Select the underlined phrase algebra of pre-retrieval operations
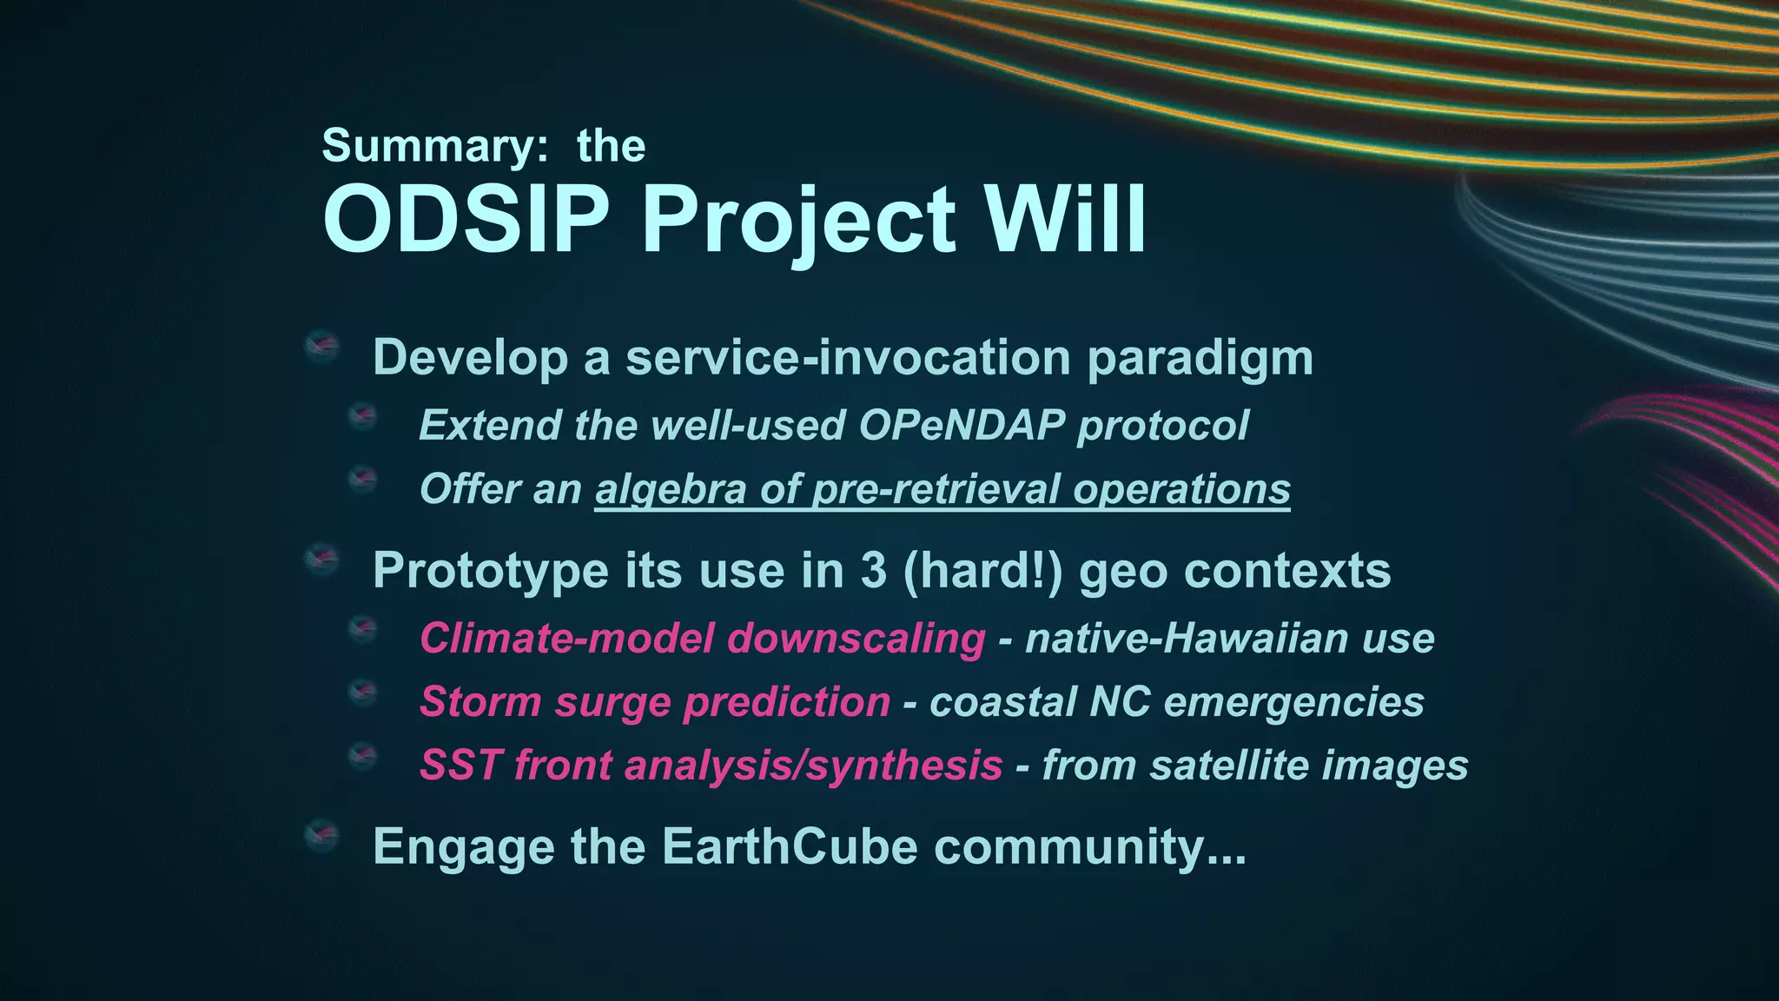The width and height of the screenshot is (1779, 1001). [942, 489]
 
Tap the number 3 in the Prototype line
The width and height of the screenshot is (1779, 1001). [874, 571]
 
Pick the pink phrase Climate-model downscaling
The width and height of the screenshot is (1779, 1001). [702, 639]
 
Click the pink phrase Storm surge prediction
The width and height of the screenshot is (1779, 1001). [654, 702]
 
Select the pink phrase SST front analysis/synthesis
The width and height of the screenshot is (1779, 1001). [711, 766]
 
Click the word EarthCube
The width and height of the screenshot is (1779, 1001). [790, 846]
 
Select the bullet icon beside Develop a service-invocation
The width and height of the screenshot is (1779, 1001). [321, 347]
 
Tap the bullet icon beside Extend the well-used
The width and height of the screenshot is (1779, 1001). [362, 416]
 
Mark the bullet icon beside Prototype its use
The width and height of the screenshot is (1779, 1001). [321, 560]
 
